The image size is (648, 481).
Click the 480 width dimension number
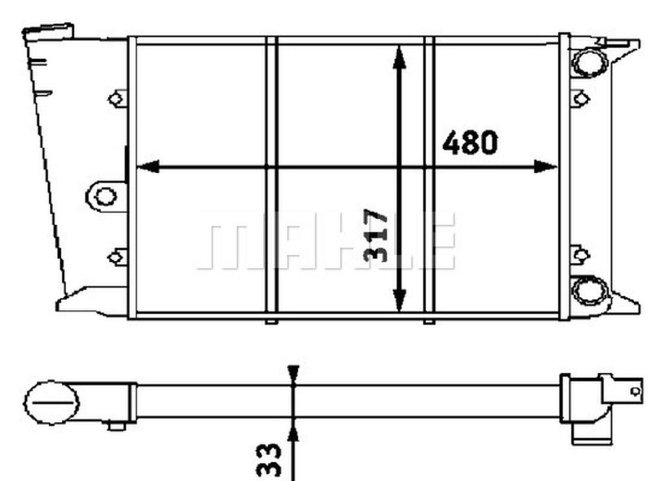[470, 143]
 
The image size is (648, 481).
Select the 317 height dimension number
[376, 235]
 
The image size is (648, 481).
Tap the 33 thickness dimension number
[269, 460]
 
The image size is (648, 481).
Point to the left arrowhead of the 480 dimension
[148, 166]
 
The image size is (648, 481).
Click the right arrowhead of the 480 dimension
[545, 166]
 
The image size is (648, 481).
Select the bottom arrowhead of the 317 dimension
[399, 300]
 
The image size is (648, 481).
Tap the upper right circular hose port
[589, 62]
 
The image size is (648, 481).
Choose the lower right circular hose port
[589, 291]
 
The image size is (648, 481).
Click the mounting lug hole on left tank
[105, 196]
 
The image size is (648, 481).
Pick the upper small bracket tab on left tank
[117, 98]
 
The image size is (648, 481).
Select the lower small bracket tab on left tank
[117, 257]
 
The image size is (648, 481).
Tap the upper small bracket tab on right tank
[580, 98]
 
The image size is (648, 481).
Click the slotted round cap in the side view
[51, 403]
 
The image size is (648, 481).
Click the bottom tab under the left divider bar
[271, 322]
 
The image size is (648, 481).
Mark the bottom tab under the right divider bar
[428, 322]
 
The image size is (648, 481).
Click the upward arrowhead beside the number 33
[293, 433]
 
